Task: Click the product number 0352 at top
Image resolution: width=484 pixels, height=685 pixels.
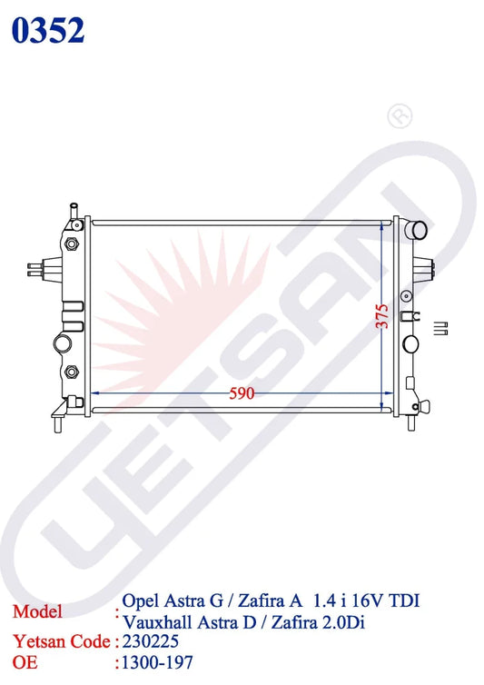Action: [x=47, y=30]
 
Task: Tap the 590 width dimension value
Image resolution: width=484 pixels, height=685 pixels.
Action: [x=242, y=393]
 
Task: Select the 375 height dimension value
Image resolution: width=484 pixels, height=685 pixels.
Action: [x=381, y=316]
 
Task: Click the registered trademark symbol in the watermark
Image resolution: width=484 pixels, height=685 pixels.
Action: [x=400, y=115]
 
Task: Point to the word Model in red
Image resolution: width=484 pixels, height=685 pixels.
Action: [x=37, y=611]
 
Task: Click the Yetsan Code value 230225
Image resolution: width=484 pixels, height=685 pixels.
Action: [x=150, y=641]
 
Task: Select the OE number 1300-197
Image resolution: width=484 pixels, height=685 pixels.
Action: [x=157, y=662]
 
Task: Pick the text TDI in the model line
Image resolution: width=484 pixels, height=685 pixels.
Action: [x=403, y=601]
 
